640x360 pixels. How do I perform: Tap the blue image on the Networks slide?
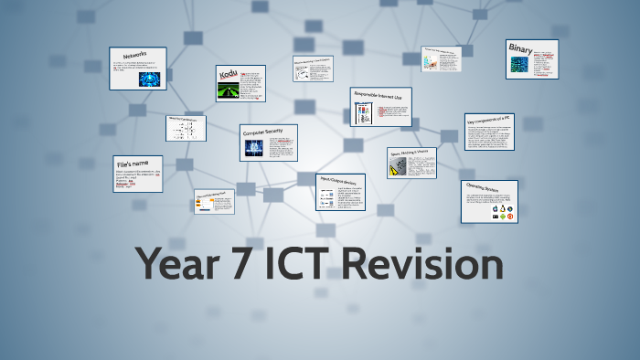147,79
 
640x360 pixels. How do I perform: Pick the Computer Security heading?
262,132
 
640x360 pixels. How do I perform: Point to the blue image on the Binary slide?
519,65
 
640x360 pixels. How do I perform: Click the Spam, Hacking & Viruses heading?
409,152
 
